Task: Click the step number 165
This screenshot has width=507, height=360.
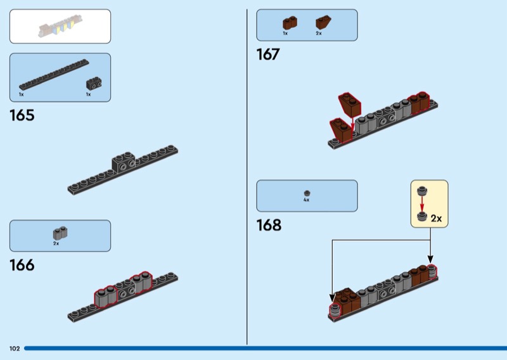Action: point(22,116)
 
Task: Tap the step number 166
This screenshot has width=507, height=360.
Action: point(22,265)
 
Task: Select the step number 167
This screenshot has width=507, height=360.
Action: point(268,55)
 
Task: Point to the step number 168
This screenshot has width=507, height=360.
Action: point(269,226)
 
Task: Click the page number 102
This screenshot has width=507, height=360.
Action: point(15,349)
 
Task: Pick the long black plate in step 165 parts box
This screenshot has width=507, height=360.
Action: point(53,75)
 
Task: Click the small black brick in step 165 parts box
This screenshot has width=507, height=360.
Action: point(94,82)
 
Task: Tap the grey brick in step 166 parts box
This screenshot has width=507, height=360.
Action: point(60,233)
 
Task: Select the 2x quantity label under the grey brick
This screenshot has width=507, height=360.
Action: point(56,243)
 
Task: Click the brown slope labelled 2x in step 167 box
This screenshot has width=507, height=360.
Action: point(323,23)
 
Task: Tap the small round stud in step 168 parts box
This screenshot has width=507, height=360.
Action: point(307,192)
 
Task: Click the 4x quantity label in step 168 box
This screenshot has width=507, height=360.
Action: point(306,200)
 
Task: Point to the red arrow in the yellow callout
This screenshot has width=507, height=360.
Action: point(421,203)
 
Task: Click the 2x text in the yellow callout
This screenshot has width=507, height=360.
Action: point(436,218)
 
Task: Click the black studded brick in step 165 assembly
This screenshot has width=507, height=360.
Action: point(124,163)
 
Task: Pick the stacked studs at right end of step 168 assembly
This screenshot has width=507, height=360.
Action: point(433,271)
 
